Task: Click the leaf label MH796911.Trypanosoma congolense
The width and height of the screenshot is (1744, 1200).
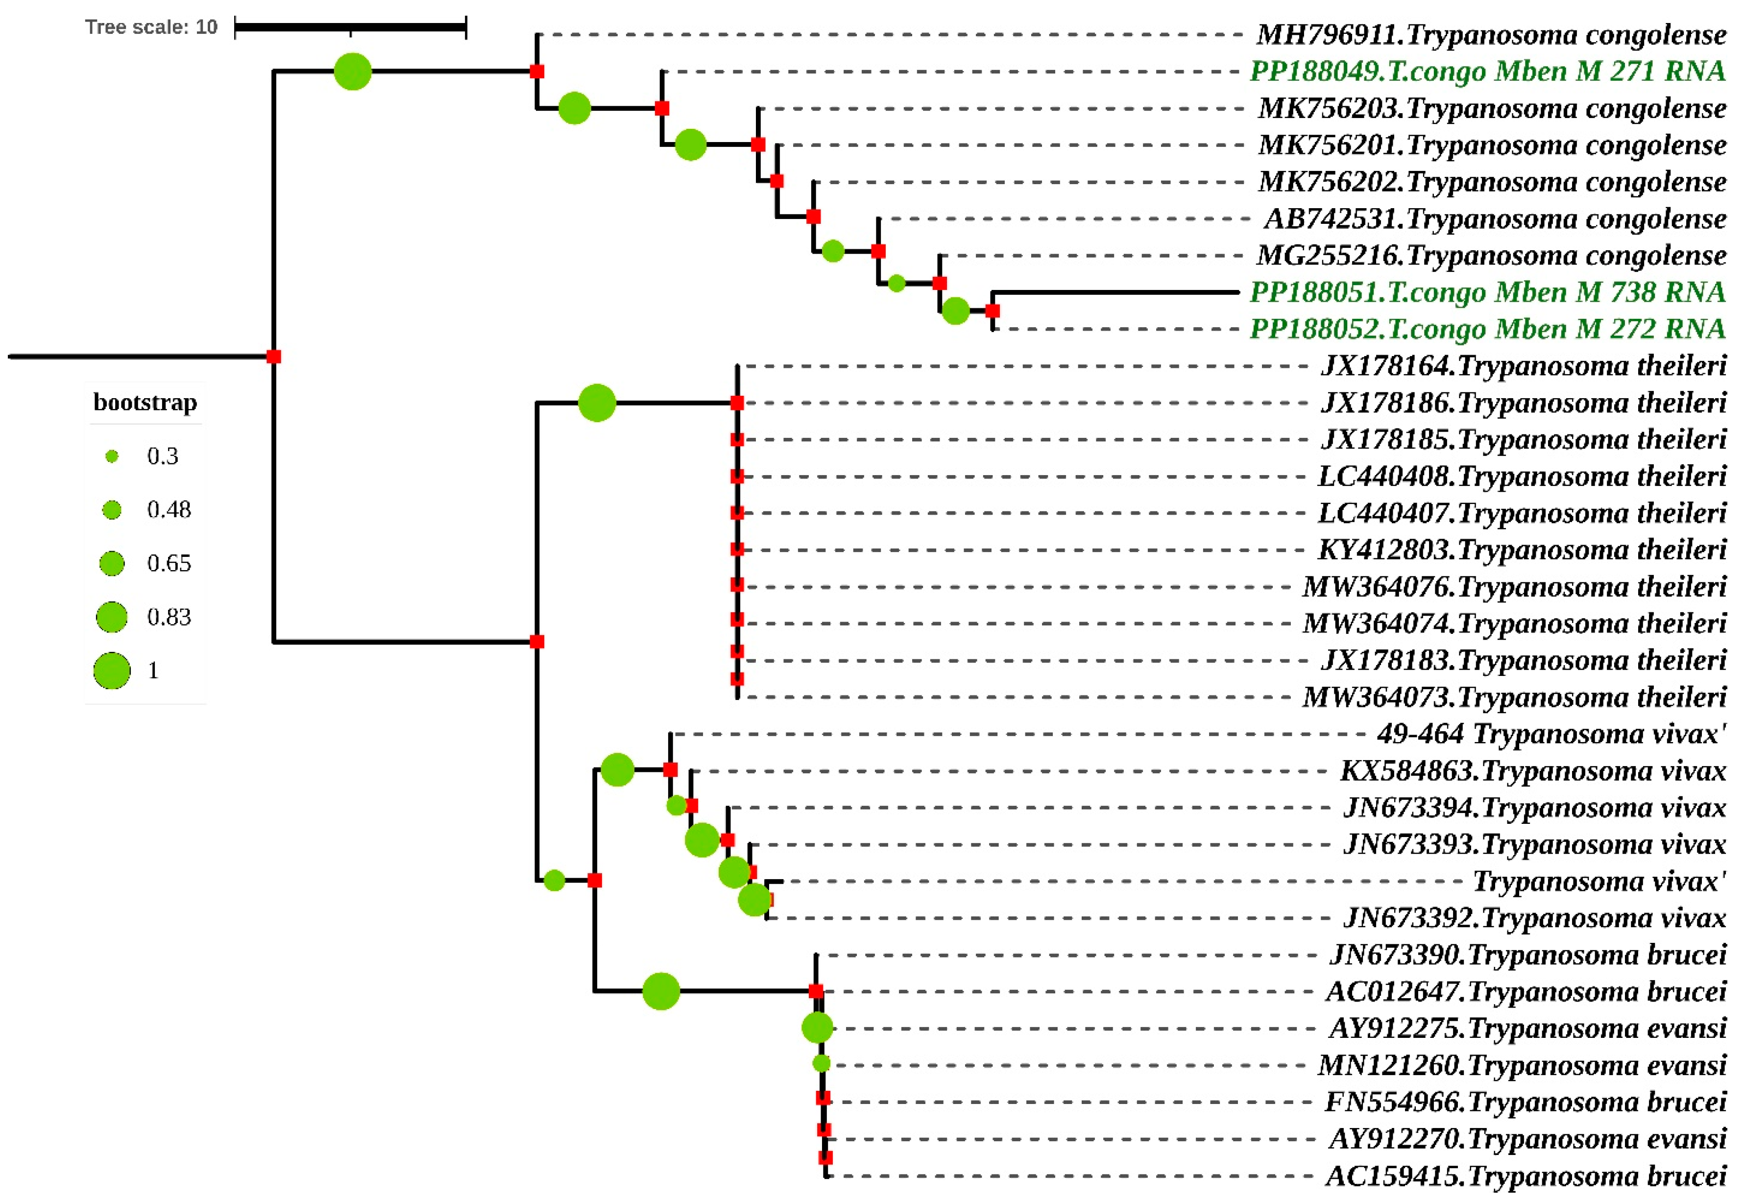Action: click(1491, 35)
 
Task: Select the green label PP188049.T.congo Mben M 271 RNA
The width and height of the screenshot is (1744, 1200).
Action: click(1487, 72)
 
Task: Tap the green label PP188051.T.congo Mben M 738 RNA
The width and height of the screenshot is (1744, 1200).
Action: click(1487, 292)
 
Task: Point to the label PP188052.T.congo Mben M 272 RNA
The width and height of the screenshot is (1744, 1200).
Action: click(1487, 329)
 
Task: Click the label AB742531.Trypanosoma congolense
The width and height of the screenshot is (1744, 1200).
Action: click(1494, 219)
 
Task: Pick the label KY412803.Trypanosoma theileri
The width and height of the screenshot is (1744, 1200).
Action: click(1522, 550)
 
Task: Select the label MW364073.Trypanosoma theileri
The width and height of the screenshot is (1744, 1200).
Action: click(1514, 697)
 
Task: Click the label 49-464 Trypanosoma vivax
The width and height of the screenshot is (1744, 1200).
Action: click(1550, 734)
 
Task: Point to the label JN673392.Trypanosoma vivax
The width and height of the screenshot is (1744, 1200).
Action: click(1534, 918)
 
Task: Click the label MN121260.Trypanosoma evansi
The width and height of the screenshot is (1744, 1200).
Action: click(1522, 1065)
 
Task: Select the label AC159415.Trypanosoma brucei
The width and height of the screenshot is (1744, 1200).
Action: click(1525, 1176)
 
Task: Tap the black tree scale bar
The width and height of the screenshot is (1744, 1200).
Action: click(350, 28)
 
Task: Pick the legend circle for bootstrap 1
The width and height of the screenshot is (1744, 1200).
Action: click(112, 671)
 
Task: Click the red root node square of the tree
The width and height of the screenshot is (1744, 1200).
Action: click(274, 357)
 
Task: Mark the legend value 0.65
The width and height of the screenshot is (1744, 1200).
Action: click(169, 564)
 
